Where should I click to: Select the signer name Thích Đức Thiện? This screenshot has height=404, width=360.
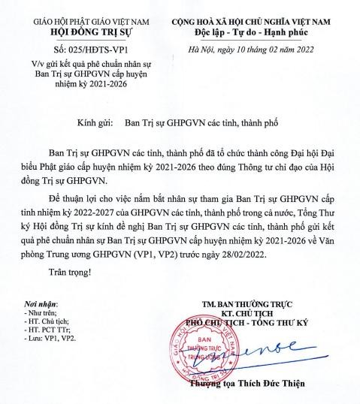coord(282,385)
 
